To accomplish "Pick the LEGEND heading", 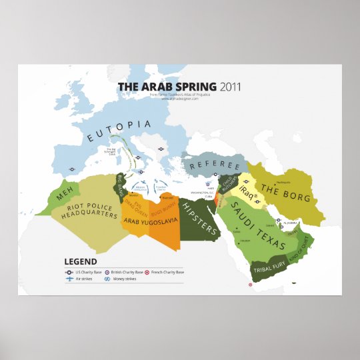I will [x=81, y=262].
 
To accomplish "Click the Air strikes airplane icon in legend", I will [x=69, y=280].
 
